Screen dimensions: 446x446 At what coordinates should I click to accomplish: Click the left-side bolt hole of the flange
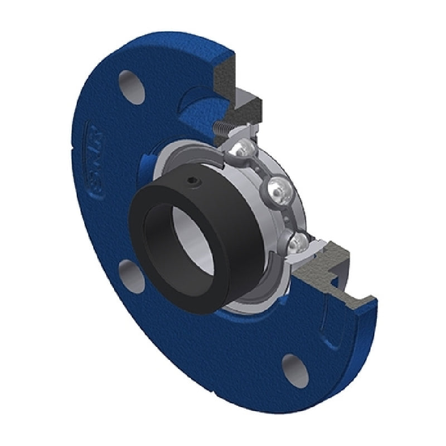click(129, 273)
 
